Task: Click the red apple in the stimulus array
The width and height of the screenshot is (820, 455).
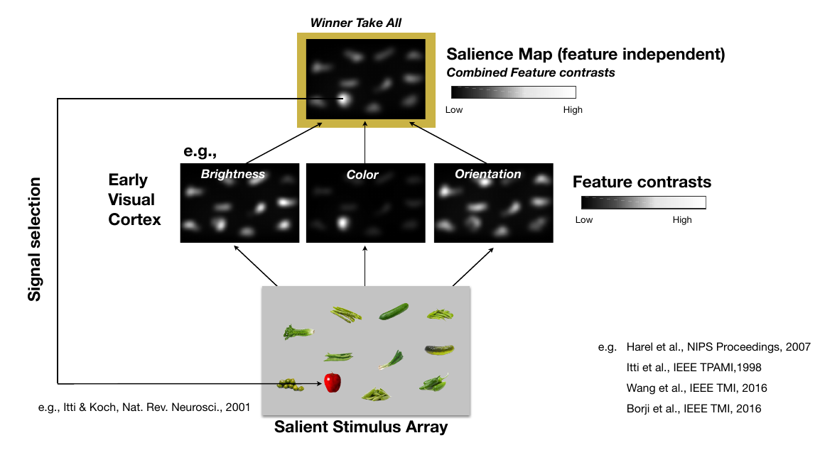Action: tap(333, 382)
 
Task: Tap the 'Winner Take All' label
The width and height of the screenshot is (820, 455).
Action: tap(355, 23)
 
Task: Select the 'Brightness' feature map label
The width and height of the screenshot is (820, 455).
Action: tap(233, 174)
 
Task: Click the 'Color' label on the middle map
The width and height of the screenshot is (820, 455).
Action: tap(362, 175)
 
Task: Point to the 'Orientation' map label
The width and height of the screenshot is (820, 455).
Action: tap(488, 174)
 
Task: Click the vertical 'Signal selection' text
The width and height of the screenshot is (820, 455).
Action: tap(34, 239)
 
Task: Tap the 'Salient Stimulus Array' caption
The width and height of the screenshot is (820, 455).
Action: tap(361, 427)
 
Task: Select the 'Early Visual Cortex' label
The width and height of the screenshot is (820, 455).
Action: tap(134, 199)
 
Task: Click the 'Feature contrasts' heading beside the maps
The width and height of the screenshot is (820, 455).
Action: tap(642, 182)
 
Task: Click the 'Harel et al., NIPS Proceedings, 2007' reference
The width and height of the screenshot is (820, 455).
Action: tap(718, 347)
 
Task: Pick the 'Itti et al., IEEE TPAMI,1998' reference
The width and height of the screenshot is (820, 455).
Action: tap(694, 367)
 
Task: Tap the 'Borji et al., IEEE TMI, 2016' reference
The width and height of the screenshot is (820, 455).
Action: tap(694, 409)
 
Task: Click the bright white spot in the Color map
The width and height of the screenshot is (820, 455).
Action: tap(342, 223)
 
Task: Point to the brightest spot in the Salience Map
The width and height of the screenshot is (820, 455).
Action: tap(343, 99)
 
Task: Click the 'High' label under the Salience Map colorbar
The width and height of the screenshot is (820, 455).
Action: tap(573, 110)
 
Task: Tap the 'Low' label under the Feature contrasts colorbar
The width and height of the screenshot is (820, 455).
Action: tap(583, 220)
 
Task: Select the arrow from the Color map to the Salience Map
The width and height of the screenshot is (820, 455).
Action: tap(365, 142)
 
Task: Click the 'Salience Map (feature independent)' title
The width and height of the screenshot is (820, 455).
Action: tap(586, 54)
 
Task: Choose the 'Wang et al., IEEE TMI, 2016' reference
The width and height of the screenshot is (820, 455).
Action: tap(696, 388)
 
